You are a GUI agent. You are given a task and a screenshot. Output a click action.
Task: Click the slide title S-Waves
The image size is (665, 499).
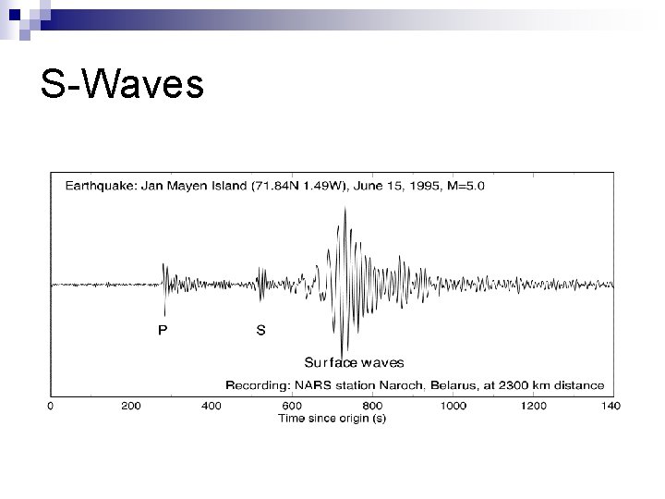(121, 85)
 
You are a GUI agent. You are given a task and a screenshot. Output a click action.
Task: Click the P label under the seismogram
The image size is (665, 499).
(163, 330)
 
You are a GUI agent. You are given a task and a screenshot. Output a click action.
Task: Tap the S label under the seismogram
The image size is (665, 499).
(260, 330)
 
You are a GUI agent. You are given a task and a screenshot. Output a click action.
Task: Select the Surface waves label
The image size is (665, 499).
(354, 362)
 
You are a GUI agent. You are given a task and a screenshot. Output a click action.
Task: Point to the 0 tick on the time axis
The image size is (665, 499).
(51, 406)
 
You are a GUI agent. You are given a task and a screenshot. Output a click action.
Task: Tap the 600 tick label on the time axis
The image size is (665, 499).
(292, 406)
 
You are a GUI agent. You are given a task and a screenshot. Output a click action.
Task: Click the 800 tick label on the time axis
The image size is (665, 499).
(372, 406)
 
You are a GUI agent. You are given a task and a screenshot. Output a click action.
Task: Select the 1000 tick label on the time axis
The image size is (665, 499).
(453, 406)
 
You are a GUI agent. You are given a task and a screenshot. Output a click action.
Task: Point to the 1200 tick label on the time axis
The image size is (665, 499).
(533, 406)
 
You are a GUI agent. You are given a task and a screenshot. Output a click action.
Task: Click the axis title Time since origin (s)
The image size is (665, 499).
(332, 419)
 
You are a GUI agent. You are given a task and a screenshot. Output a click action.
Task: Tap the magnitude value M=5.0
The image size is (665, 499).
(465, 186)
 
